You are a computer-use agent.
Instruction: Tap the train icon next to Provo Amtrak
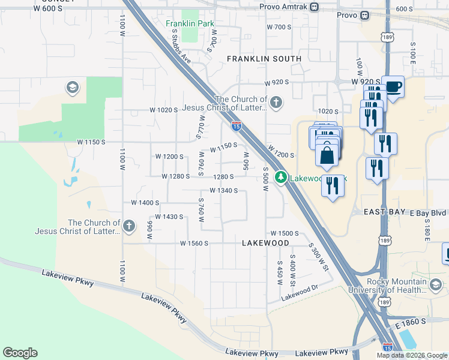coord(315,7)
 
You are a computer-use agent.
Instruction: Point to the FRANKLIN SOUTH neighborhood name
coord(264,59)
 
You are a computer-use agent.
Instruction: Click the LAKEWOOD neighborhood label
coord(265,243)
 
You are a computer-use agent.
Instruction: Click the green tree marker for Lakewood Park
coord(280,177)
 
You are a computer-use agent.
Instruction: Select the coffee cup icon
coord(393,88)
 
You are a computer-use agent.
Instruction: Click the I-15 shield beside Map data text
coord(388,347)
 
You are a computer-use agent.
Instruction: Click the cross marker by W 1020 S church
coord(276,102)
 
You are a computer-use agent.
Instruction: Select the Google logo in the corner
coord(20,353)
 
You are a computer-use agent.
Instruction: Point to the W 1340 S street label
coord(224,190)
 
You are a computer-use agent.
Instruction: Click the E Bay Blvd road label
coord(428,213)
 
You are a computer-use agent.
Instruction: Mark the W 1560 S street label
coord(194,243)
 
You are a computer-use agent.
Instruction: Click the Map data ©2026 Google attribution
coord(412,355)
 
